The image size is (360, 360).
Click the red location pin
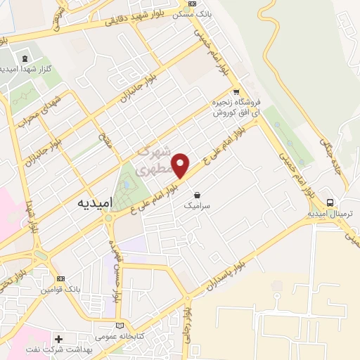point(181,165)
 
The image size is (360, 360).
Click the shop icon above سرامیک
point(196,194)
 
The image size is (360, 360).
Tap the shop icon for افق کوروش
point(236,91)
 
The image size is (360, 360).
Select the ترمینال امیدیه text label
point(329,213)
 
